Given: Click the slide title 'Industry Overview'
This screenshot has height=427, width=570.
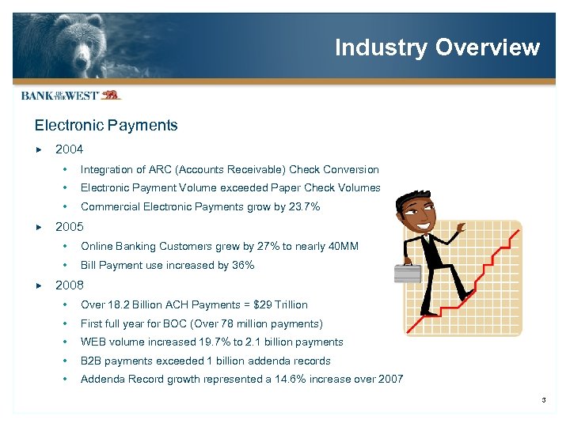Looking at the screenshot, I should pyautogui.click(x=437, y=47).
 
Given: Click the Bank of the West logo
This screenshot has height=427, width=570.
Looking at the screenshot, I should pyautogui.click(x=70, y=95).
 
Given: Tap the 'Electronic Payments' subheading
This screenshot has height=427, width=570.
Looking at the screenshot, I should pyautogui.click(x=106, y=125).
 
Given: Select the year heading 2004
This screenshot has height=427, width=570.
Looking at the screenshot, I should pyautogui.click(x=69, y=149).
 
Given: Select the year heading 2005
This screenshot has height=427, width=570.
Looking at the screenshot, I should pyautogui.click(x=69, y=226).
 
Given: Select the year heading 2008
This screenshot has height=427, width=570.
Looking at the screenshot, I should pyautogui.click(x=69, y=285).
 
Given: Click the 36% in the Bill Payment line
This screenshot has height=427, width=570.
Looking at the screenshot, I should pyautogui.click(x=243, y=266).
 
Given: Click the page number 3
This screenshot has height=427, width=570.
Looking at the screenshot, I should pyautogui.click(x=544, y=400).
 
